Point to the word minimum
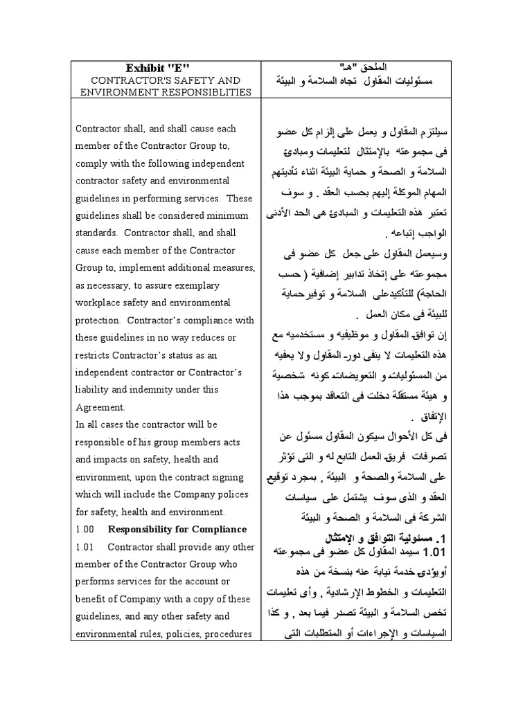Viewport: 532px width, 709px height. (x=222, y=215)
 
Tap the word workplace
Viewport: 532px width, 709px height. (x=101, y=303)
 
